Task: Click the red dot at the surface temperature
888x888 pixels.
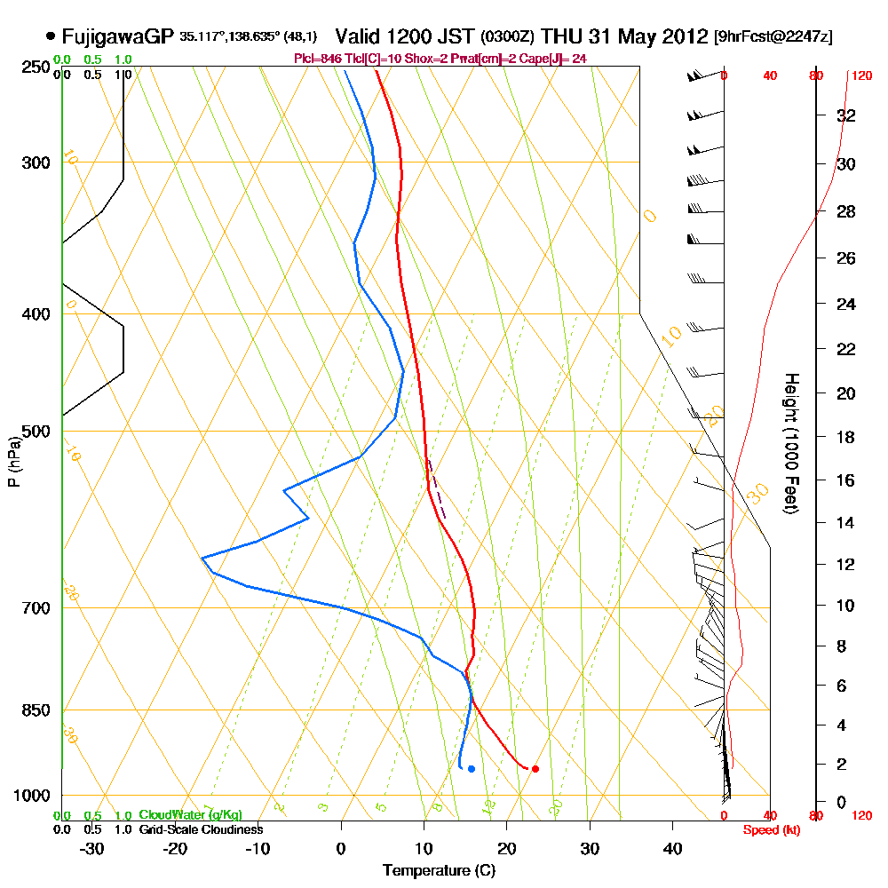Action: click(535, 769)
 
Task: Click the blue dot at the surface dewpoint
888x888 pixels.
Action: click(471, 769)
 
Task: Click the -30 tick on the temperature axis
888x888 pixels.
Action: click(92, 848)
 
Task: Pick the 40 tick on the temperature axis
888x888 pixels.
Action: click(673, 848)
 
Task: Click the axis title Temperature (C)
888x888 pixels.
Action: click(439, 870)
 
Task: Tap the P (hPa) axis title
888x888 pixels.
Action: click(13, 462)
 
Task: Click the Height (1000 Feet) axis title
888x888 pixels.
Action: click(789, 444)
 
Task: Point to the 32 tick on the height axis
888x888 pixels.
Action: click(846, 115)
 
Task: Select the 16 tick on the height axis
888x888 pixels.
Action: click(846, 480)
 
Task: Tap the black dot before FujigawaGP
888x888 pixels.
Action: click(50, 37)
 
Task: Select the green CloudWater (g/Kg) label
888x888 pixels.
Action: click(189, 815)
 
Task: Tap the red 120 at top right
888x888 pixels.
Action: click(860, 76)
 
